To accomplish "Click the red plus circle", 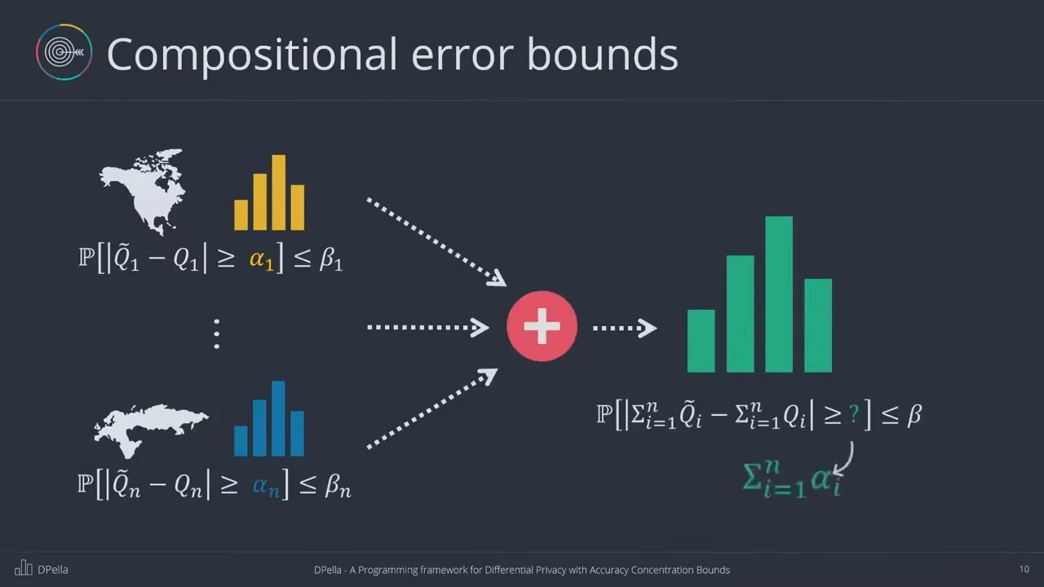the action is click(542, 326).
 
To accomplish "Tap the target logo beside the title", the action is click(64, 52).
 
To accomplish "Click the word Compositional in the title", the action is click(252, 55).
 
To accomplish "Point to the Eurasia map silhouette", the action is click(149, 429).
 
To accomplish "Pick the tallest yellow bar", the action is click(279, 192).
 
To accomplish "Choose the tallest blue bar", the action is click(278, 418).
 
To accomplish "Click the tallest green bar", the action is click(779, 294).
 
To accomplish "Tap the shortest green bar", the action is click(701, 341).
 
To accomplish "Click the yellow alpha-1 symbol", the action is click(262, 260).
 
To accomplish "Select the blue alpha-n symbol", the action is click(266, 488).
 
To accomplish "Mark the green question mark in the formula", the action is click(854, 413).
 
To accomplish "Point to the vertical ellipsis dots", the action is click(217, 334).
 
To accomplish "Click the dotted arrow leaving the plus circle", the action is click(625, 328).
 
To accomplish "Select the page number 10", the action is click(1024, 569).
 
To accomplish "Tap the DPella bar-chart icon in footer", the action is click(24, 568).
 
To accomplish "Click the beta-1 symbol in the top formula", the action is click(331, 259).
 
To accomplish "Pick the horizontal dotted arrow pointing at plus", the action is click(428, 328).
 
